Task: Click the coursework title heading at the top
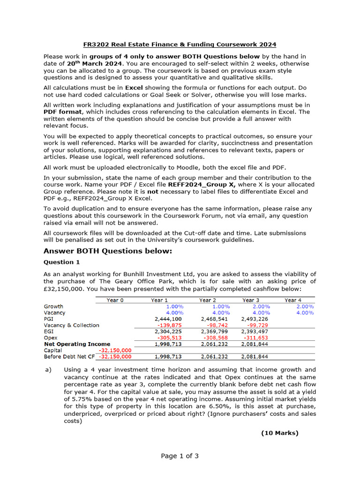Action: (180, 45)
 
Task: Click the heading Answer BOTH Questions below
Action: (108, 252)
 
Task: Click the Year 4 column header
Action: (293, 300)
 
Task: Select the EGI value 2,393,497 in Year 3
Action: (255, 331)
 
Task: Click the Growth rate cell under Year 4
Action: (305, 306)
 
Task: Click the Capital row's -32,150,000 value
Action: (115, 350)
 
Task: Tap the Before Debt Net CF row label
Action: (69, 357)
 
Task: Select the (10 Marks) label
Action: (279, 433)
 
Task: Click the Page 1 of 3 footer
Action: (180, 456)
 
